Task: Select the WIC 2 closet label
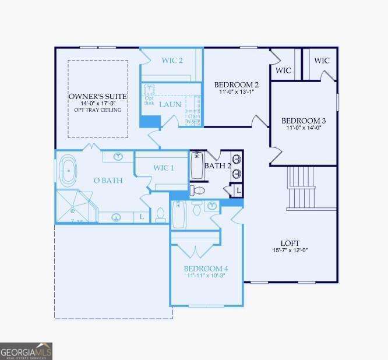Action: click(x=172, y=60)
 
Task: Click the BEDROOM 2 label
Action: click(x=236, y=84)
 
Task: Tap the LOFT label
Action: click(x=290, y=243)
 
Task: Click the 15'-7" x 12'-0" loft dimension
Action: click(x=290, y=250)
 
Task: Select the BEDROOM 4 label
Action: click(x=206, y=269)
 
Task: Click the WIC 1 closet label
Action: click(x=164, y=168)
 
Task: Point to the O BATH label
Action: click(x=108, y=181)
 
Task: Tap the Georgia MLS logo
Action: click(x=26, y=351)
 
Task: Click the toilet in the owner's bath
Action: click(x=160, y=216)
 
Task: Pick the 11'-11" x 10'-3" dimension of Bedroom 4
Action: click(x=206, y=276)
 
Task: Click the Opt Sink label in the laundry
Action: click(x=149, y=100)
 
